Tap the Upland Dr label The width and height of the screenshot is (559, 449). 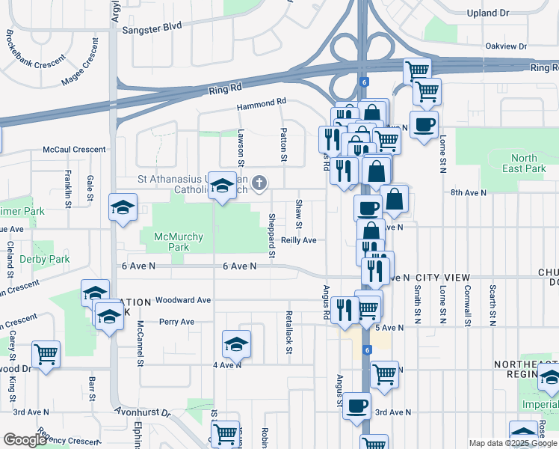coord(508,13)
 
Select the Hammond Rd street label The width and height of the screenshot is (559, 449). coord(262,102)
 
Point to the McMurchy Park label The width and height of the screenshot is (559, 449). coord(178,242)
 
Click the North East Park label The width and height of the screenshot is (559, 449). coord(524,163)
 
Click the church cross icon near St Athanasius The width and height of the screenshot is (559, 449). coord(259,182)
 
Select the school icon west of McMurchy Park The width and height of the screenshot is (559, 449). coord(123,208)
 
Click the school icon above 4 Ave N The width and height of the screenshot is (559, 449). coord(236,344)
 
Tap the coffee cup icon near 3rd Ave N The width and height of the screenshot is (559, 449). coord(356,406)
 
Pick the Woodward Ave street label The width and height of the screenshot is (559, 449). coord(183,300)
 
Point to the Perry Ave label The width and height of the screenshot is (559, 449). coord(176,322)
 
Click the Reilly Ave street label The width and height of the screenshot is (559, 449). coord(299,240)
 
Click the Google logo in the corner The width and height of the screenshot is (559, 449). coord(25,440)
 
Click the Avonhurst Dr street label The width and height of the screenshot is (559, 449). coord(143,412)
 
